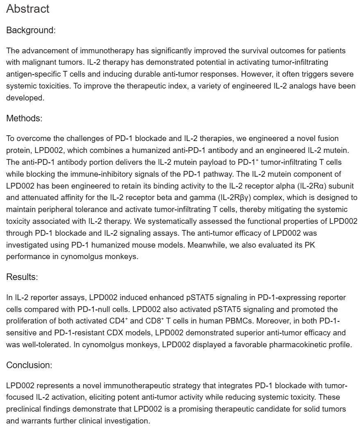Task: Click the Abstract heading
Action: [x=28, y=9]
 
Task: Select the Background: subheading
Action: [x=31, y=30]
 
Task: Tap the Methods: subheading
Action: [x=24, y=118]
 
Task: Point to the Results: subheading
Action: [x=22, y=277]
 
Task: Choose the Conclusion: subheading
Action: [x=29, y=365]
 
